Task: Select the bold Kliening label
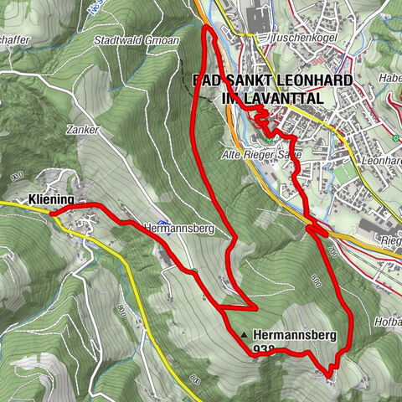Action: [x=50, y=199]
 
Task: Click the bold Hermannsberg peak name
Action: [x=294, y=335]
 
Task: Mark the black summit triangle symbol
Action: [x=244, y=335]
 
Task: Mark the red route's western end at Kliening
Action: [x=52, y=214]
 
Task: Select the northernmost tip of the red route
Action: [x=208, y=27]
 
